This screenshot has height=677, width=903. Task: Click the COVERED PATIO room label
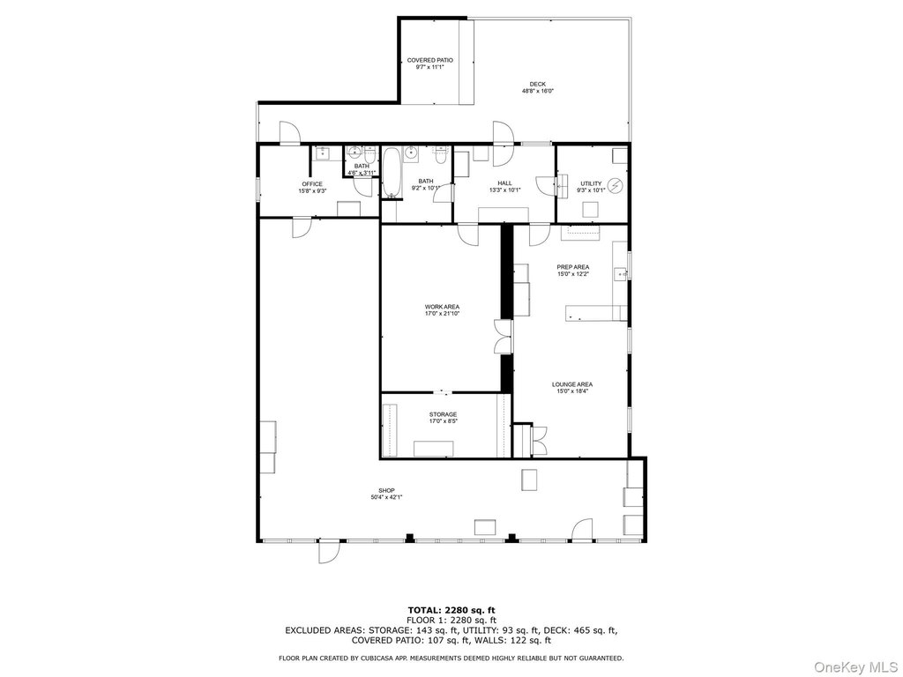[429, 60]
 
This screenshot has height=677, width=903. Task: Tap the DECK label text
[537, 84]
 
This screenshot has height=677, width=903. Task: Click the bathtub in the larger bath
[391, 172]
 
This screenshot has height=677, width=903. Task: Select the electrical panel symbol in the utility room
[616, 185]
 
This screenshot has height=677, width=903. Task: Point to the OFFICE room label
[312, 184]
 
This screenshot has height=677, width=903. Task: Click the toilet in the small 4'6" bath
[369, 153]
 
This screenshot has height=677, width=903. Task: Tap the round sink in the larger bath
[411, 153]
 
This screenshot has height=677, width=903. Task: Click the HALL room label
[504, 183]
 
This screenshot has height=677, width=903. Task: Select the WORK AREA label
[443, 307]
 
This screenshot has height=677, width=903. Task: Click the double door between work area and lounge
[503, 336]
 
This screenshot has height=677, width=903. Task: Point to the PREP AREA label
[572, 267]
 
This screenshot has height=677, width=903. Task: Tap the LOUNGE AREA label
[571, 384]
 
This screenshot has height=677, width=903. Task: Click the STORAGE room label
[443, 414]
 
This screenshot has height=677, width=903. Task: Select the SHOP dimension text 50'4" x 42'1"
[386, 497]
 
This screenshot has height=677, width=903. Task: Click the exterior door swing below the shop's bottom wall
[330, 552]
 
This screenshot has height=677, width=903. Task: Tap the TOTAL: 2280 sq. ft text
[451, 610]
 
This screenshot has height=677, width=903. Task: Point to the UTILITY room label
[591, 183]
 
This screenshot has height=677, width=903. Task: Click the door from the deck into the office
[289, 132]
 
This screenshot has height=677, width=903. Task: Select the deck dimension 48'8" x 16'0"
[537, 91]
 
